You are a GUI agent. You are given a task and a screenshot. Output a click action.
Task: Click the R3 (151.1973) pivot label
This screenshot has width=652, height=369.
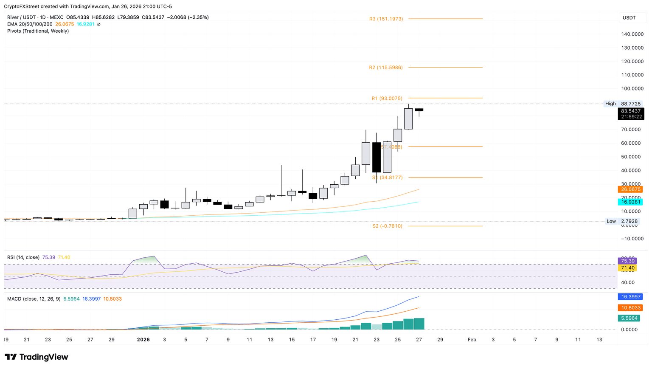coord(386,19)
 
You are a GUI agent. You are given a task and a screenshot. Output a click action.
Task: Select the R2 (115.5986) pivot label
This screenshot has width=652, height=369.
coord(386,68)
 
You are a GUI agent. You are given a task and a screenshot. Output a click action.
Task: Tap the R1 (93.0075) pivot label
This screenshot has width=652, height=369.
coord(387,99)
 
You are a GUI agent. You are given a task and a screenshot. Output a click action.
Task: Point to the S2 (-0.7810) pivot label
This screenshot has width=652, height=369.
coord(387,226)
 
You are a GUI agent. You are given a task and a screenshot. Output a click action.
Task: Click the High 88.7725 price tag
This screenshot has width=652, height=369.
coord(623,104)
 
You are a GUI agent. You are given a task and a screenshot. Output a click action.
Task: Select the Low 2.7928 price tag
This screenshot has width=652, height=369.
coord(623,221)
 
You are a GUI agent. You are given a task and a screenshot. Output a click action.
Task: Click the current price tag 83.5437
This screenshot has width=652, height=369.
coord(631,111)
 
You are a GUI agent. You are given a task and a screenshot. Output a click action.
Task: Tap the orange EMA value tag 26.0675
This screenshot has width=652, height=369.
coord(631,189)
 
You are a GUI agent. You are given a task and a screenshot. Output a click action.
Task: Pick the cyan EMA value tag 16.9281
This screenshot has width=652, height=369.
coord(631,202)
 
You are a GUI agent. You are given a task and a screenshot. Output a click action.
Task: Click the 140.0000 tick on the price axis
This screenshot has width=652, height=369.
coord(632,34)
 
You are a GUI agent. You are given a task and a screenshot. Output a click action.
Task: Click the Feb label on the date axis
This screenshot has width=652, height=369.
coord(472,340)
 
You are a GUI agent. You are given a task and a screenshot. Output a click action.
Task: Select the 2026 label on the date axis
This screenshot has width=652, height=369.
coord(143,340)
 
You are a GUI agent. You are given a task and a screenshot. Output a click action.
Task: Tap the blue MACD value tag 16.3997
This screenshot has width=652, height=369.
coord(631,297)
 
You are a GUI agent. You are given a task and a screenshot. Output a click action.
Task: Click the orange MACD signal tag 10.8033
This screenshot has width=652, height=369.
coord(631,308)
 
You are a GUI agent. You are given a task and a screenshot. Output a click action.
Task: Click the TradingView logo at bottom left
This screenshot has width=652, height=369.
coord(37,357)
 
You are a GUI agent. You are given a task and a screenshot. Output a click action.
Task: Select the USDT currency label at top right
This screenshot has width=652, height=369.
coord(629,17)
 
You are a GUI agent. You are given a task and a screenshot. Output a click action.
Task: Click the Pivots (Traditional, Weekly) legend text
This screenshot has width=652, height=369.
coord(38,31)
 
